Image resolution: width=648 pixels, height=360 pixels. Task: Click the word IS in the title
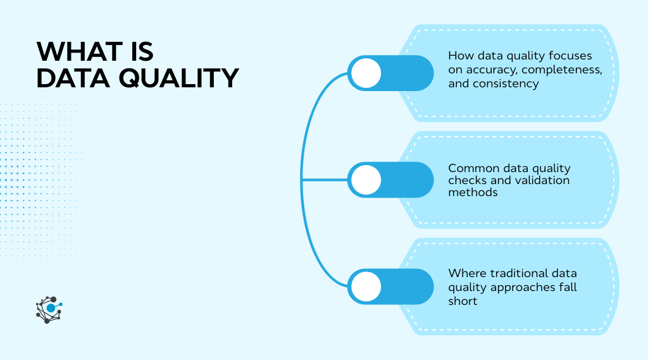click(x=138, y=51)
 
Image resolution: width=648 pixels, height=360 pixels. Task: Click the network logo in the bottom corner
click(x=49, y=309)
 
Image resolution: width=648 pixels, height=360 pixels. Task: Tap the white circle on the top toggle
click(x=366, y=73)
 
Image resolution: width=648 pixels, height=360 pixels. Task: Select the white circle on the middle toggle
click(x=366, y=180)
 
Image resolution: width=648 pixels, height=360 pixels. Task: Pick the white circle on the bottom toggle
click(x=366, y=287)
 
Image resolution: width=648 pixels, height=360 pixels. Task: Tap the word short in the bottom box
click(x=463, y=301)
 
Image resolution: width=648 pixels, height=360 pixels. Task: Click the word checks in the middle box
click(x=467, y=180)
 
